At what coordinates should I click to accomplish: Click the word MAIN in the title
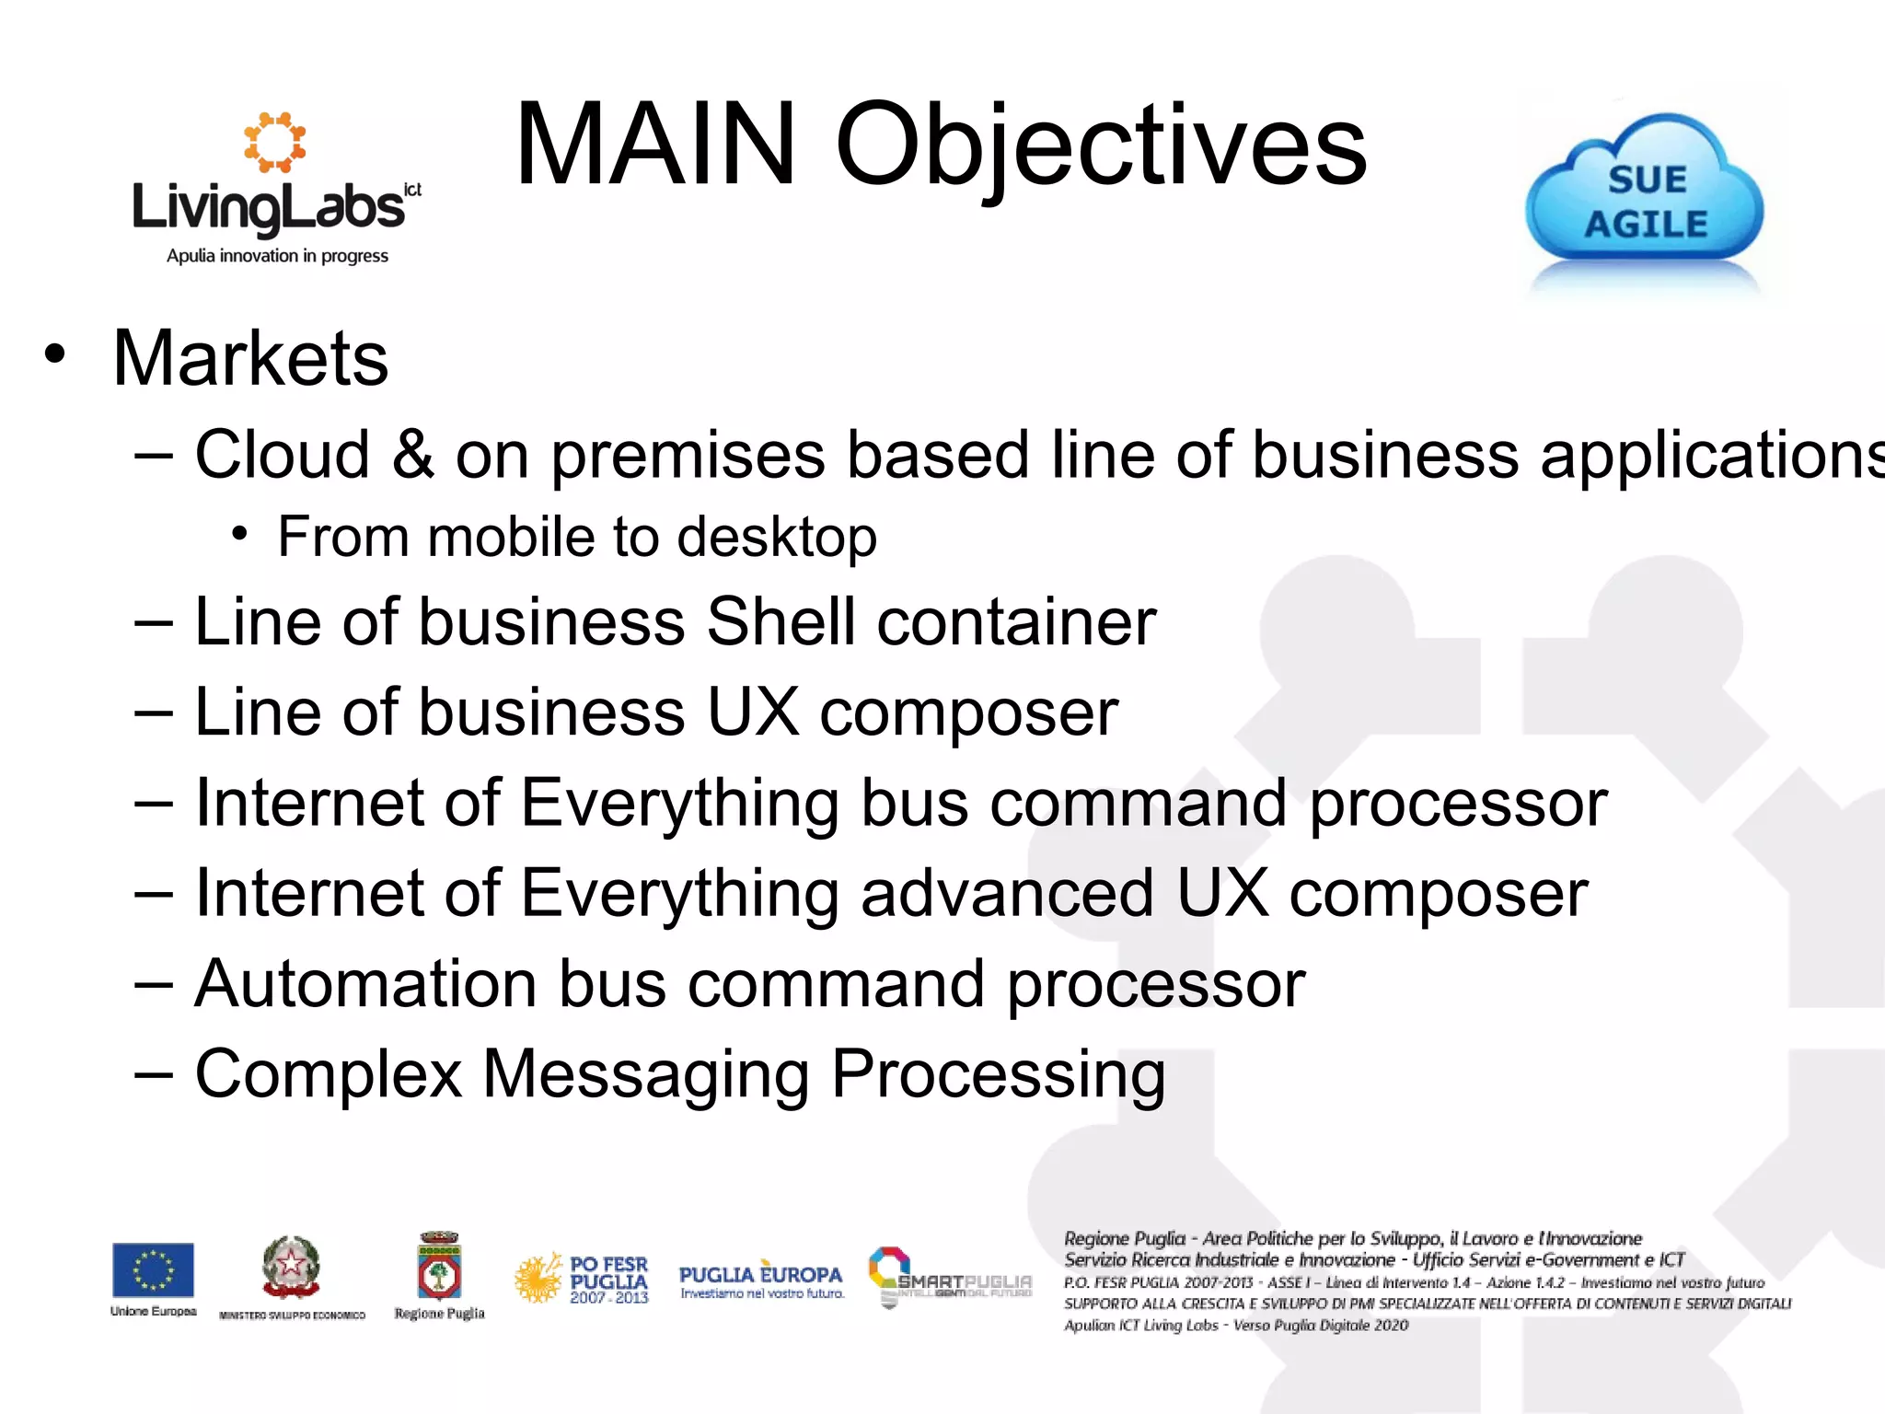tap(655, 145)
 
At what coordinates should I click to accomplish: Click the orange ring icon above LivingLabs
tap(274, 142)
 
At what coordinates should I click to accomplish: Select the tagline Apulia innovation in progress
tap(277, 256)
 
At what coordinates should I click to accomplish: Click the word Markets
tap(250, 358)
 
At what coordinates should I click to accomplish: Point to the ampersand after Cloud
tap(412, 455)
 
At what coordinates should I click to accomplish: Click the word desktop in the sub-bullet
tap(777, 538)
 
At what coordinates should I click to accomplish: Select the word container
tap(1016, 622)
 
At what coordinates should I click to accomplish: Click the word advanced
tap(1007, 893)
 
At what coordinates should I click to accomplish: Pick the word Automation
tap(366, 984)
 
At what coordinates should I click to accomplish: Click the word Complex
tap(329, 1073)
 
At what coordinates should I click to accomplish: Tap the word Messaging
tap(646, 1075)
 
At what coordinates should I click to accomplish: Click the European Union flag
tap(153, 1269)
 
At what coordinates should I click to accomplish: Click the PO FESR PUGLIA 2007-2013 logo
tap(582, 1279)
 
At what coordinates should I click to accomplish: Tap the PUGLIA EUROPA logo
tap(761, 1279)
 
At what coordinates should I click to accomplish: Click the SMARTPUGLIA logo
tap(950, 1277)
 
